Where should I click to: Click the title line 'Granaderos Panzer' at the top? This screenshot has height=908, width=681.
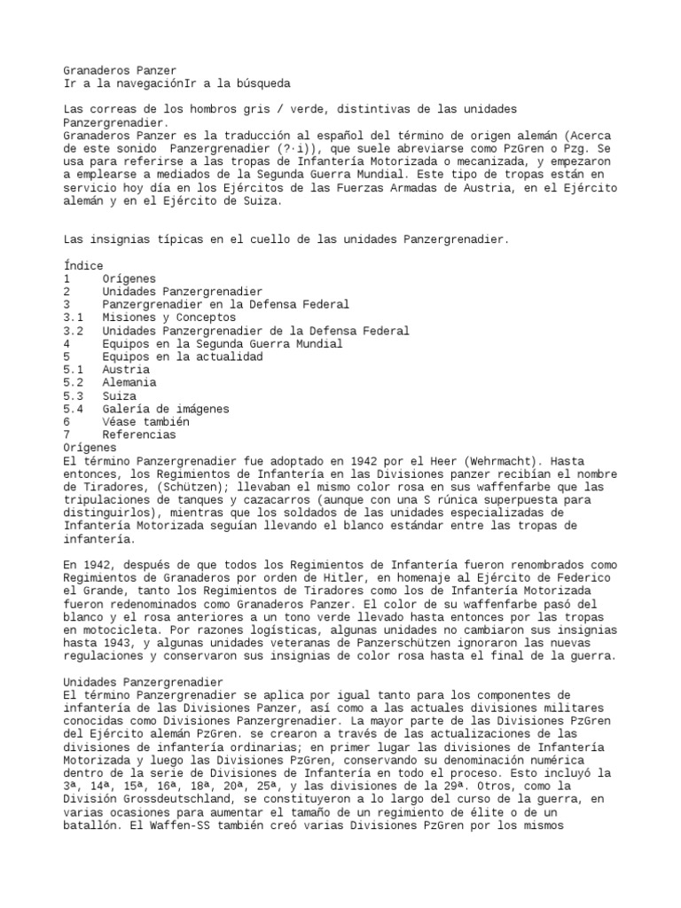[x=120, y=70]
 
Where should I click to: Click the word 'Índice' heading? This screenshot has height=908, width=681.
[x=83, y=265]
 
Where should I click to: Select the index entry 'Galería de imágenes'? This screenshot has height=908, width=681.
[x=165, y=409]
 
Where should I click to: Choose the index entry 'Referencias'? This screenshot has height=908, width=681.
[x=139, y=434]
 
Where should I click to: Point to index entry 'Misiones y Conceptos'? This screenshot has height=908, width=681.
[x=168, y=317]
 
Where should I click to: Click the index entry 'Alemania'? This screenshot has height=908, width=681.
[x=129, y=382]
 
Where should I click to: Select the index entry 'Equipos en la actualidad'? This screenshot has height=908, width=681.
[x=182, y=356]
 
